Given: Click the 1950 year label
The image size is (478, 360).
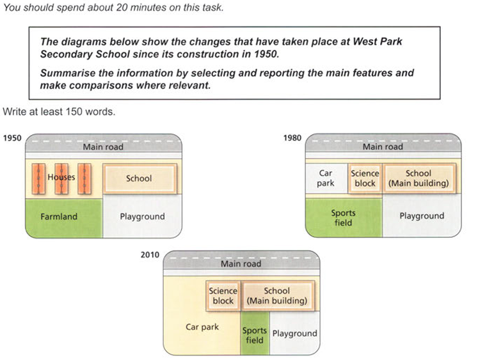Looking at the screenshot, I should (x=12, y=137).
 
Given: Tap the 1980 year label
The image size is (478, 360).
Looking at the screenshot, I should (x=294, y=137).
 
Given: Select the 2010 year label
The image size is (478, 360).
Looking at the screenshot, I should (x=150, y=254).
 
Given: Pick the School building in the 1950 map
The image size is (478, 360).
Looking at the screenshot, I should (x=139, y=178).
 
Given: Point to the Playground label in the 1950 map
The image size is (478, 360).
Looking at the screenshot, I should (x=142, y=217).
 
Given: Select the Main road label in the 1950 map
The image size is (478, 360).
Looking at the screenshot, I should (x=103, y=147).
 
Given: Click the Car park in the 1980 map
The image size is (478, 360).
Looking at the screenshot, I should (x=326, y=178).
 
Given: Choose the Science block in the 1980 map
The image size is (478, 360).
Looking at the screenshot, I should (x=365, y=178).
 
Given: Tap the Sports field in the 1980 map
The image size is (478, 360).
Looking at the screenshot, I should (x=343, y=218).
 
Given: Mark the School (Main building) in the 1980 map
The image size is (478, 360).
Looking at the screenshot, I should (x=418, y=178).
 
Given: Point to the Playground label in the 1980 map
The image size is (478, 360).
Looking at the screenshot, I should (x=422, y=216).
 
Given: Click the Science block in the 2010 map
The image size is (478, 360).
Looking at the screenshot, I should (x=223, y=295).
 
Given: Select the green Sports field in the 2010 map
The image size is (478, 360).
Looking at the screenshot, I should (x=254, y=335).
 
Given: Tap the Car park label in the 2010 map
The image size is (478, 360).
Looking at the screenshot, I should (x=202, y=327).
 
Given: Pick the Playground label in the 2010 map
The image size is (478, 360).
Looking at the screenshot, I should (x=294, y=333).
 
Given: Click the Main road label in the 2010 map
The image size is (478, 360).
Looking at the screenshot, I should (x=241, y=263).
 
